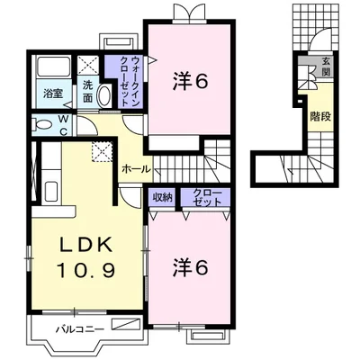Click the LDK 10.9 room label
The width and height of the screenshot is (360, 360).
tap(86, 258)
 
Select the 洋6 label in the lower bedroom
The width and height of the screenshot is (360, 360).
tap(190, 267)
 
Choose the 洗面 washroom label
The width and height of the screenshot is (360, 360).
tap(88, 91)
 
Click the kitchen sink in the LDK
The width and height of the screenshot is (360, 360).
tap(50, 192)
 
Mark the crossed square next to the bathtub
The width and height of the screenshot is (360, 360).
tap(88, 66)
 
